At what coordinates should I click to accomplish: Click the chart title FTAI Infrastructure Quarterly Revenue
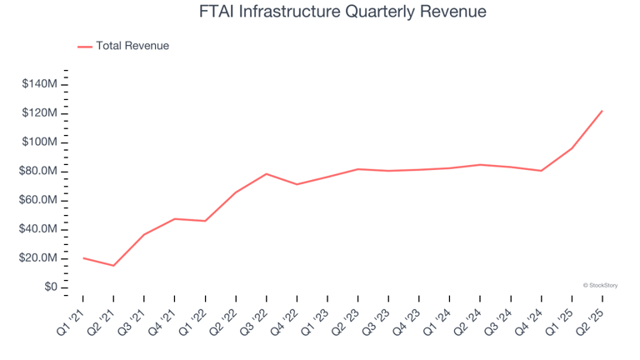tap(320, 12)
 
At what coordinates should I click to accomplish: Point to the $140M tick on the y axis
tap(39, 84)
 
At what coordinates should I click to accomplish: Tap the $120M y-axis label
tap(39, 113)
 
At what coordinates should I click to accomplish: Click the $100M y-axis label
tap(39, 142)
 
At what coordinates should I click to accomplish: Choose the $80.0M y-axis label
tap(38, 172)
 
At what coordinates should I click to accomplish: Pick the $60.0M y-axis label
tap(38, 200)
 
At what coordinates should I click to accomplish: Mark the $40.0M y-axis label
tap(38, 229)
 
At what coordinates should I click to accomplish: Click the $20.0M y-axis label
tap(38, 258)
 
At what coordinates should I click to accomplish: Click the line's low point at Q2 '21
tap(113, 266)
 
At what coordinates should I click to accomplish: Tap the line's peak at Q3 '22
tap(266, 174)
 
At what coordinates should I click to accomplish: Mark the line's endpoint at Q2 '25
tap(602, 111)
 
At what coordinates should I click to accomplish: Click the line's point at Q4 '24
tap(541, 171)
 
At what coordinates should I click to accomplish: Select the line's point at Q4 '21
tap(174, 219)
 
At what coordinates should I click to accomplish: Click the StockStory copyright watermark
tap(600, 285)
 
